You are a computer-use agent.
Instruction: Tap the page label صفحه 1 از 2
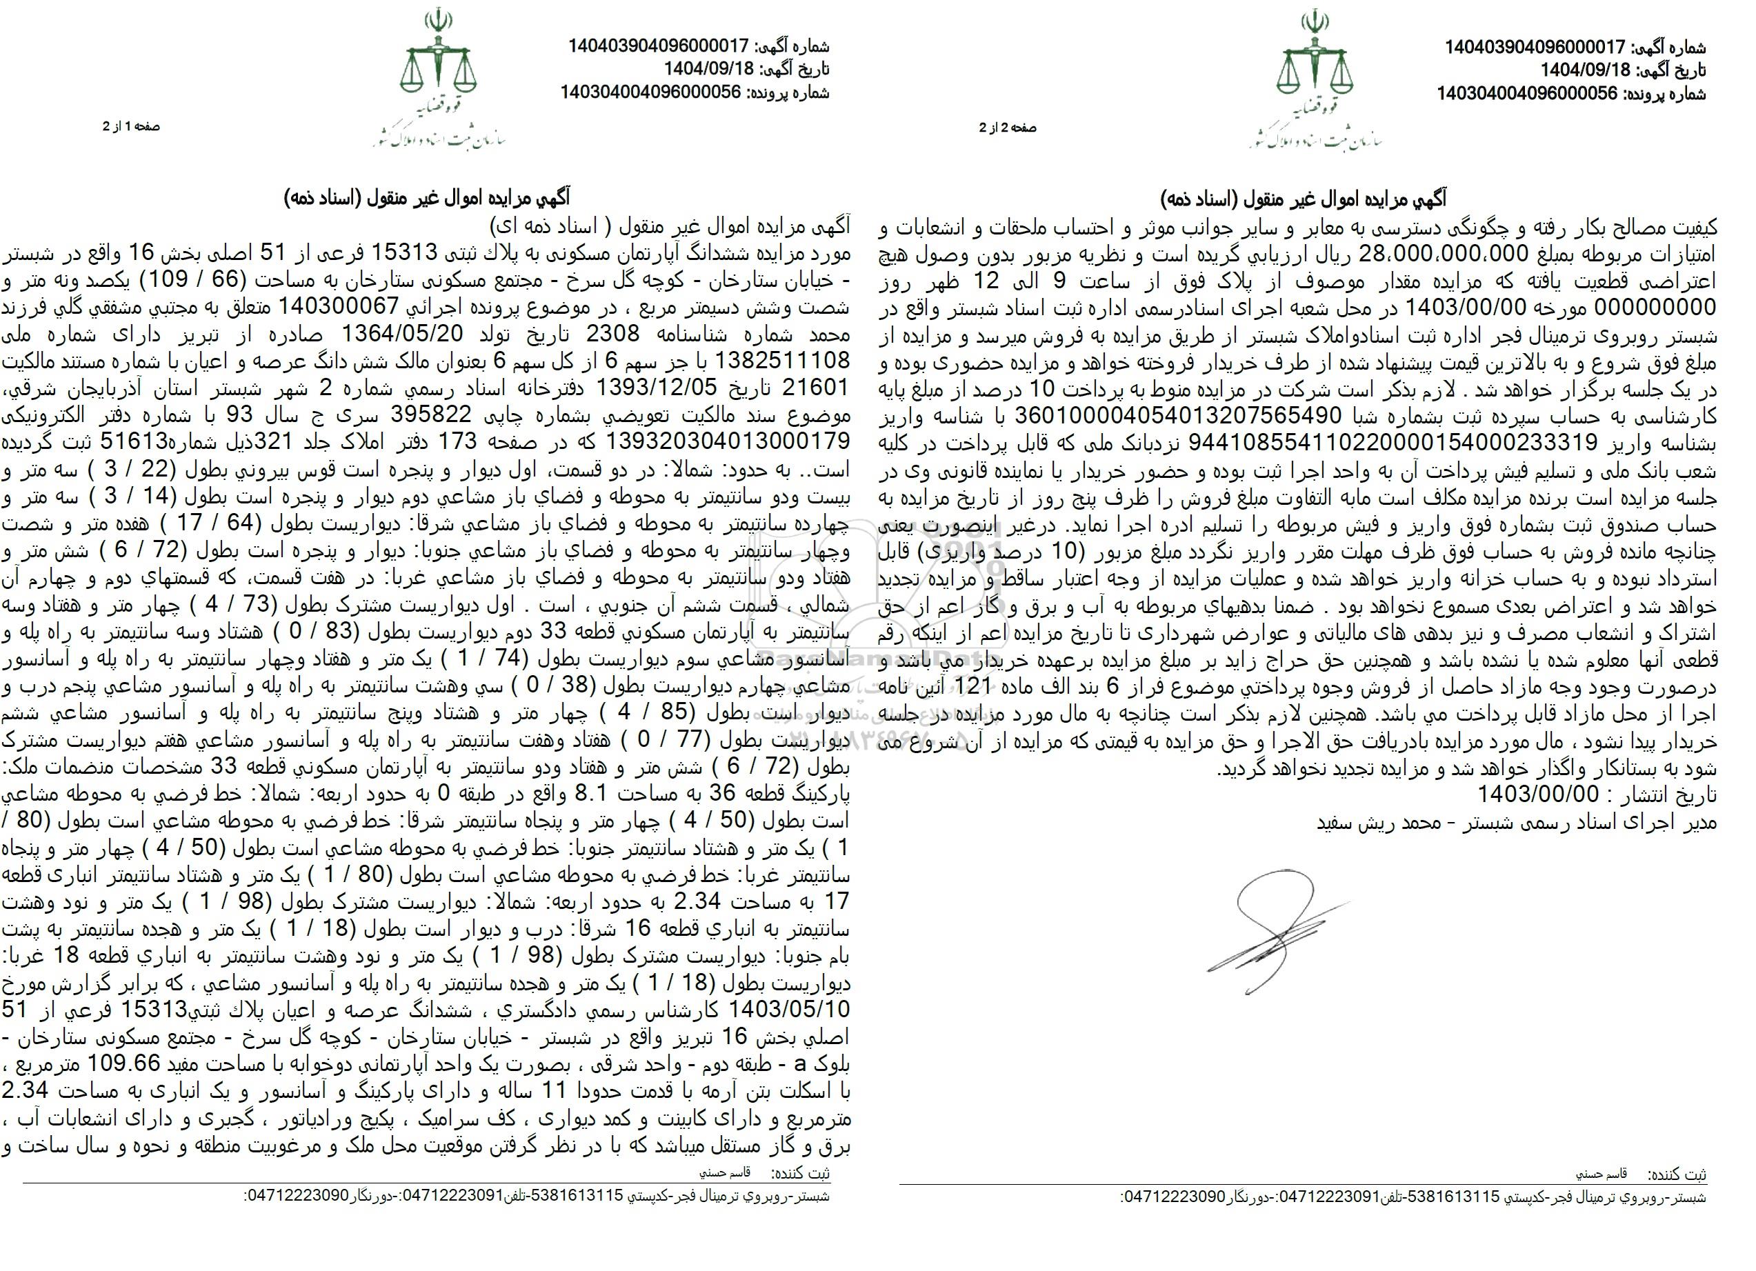tap(131, 126)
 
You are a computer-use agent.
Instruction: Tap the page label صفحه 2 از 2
tap(1007, 128)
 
